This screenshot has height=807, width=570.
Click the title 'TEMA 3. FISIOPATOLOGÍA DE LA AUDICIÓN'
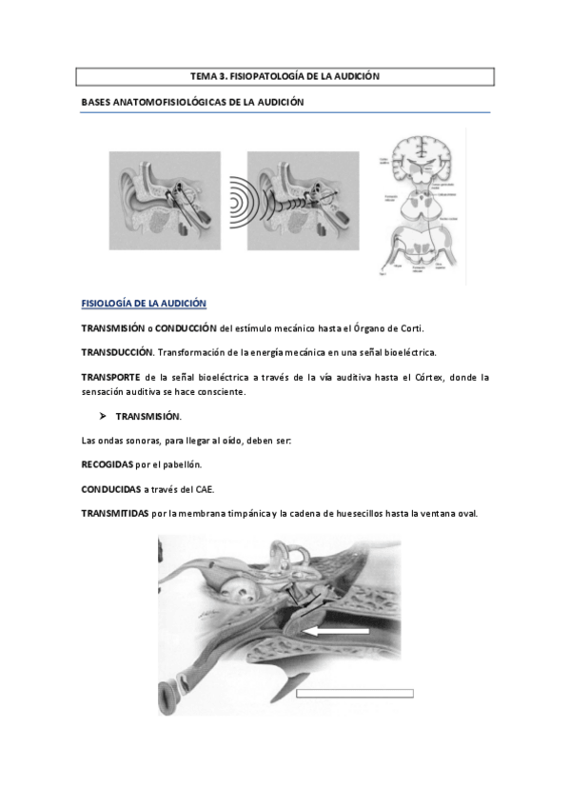pos(285,75)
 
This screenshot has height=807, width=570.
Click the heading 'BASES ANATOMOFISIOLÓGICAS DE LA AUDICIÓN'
pos(192,101)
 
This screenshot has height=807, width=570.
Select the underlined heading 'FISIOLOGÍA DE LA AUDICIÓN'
pos(143,304)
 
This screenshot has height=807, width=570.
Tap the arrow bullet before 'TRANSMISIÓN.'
pos(102,417)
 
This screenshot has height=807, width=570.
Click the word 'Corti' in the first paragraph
pos(410,328)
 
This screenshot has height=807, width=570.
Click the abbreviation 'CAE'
pos(204,489)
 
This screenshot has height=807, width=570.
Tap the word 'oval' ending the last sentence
pos(466,514)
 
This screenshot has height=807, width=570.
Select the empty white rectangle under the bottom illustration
pos(355,693)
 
